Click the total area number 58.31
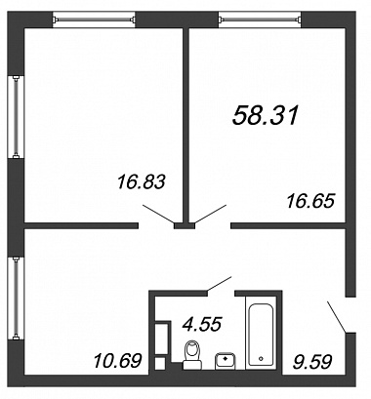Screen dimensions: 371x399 [x=266, y=116]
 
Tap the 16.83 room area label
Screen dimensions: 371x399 [x=142, y=181]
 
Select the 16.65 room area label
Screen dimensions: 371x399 [x=310, y=201]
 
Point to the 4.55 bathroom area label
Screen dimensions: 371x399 [x=202, y=324]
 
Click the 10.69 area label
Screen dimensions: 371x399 [x=118, y=361]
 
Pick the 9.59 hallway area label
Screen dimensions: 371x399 [x=312, y=362]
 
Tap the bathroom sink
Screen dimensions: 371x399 [x=226, y=361]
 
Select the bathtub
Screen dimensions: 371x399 [x=261, y=335]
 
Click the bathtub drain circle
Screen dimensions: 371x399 [x=261, y=359]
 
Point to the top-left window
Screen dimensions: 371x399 [x=95, y=20]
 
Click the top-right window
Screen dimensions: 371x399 [x=260, y=20]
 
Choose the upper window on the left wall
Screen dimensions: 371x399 [x=16, y=117]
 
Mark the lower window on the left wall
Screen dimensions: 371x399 [x=16, y=299]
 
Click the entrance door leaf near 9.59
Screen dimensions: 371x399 [x=337, y=317]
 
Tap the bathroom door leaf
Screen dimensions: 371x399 [x=220, y=284]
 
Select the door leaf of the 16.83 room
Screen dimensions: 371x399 [x=159, y=215]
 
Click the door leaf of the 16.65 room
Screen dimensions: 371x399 [x=210, y=215]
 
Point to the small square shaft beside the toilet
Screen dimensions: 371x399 [x=160, y=363]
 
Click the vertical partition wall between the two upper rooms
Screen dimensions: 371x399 [x=185, y=125]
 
